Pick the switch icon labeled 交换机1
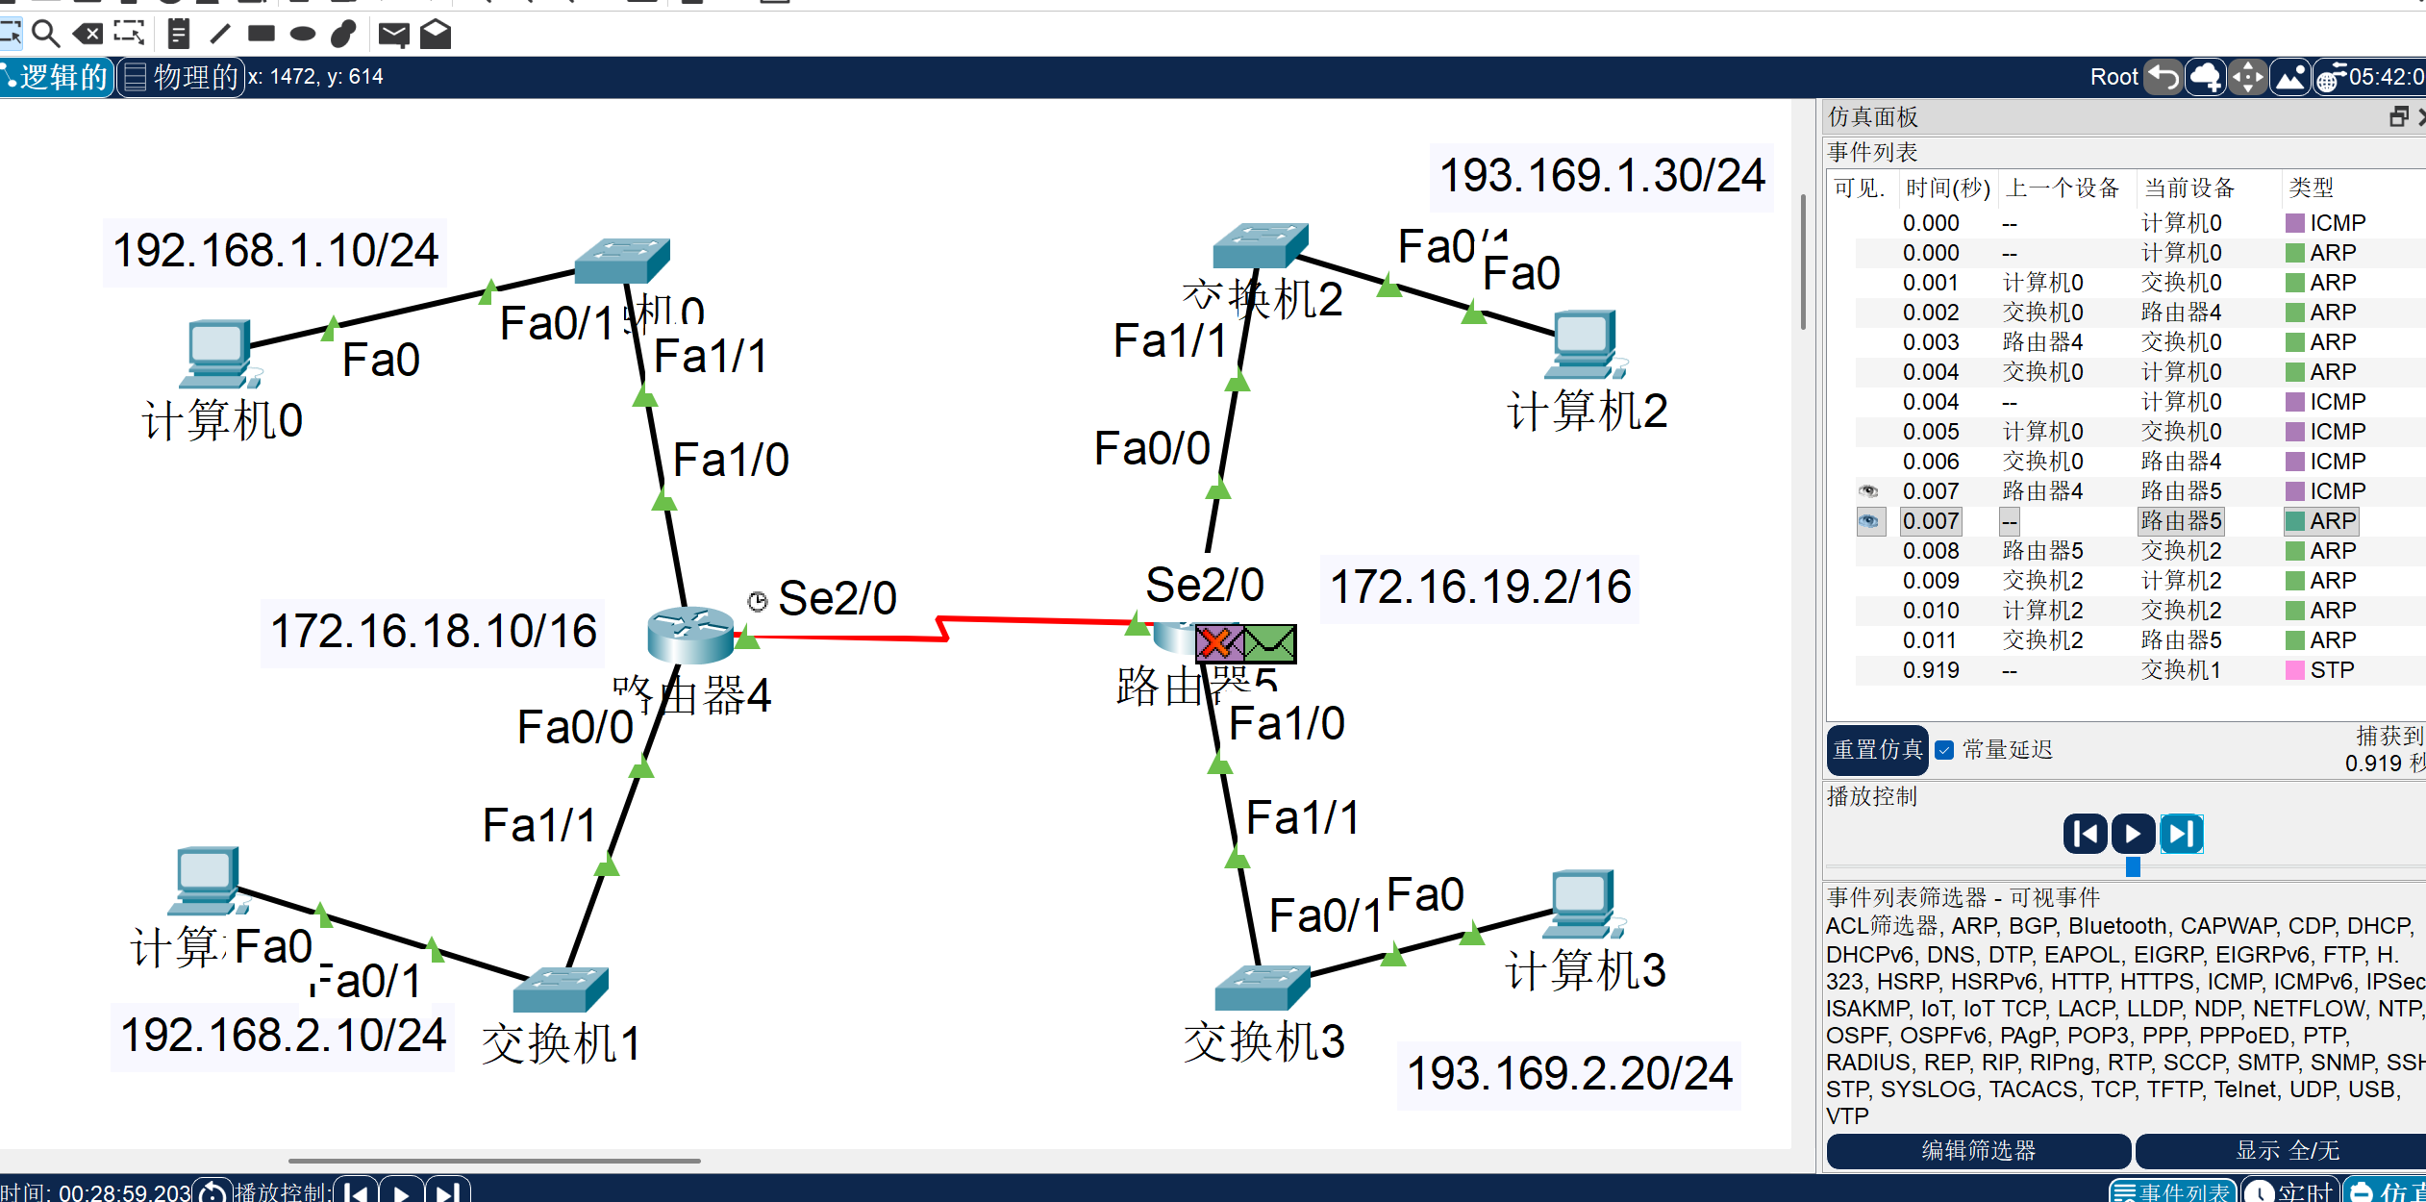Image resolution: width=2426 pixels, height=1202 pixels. coord(560,989)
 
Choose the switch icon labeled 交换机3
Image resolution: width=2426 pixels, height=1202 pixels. coord(1262,988)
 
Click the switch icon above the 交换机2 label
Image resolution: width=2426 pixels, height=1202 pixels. coord(1260,246)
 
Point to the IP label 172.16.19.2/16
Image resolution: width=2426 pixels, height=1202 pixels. coord(1480,587)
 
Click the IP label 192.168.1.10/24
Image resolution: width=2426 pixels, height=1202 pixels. coord(275,251)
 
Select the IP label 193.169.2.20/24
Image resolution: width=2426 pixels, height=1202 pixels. coord(1569,1073)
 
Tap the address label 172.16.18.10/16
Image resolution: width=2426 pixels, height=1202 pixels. coord(433,632)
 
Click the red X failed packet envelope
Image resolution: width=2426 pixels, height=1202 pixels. coord(1218,643)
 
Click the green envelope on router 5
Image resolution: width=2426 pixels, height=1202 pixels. coord(1270,643)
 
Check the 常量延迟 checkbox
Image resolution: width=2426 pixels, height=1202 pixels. coord(1944,750)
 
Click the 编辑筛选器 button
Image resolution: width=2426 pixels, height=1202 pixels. coord(1978,1150)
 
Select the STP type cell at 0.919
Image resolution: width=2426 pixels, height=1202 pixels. coord(2331,670)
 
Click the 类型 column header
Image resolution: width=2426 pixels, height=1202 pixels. coord(2311,188)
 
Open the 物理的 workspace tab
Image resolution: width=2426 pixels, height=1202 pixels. coord(182,77)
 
